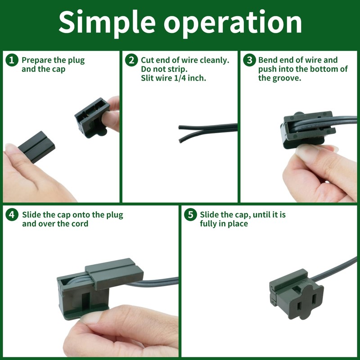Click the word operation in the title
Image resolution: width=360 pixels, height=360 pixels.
(233, 23)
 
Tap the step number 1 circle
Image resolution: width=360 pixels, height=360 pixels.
(12, 60)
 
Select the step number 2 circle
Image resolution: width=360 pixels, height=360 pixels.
(131, 60)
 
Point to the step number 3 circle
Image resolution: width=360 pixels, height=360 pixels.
(250, 60)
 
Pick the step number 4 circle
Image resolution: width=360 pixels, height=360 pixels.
(12, 215)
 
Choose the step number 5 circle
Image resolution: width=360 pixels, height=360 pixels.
(190, 215)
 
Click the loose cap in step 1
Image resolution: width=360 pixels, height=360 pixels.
(37, 147)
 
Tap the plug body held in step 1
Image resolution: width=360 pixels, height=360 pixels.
(92, 117)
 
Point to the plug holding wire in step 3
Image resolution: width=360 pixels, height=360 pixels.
(308, 129)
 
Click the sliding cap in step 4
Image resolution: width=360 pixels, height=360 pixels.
(114, 274)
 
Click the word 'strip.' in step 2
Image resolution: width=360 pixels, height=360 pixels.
(175, 69)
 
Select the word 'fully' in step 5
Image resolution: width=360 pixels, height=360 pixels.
(208, 224)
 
